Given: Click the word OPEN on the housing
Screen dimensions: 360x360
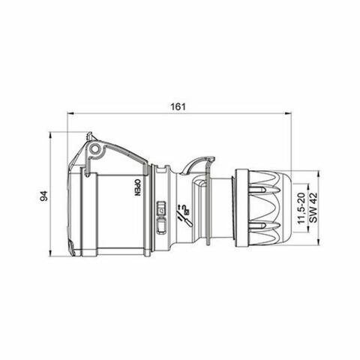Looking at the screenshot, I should pyautogui.click(x=137, y=187).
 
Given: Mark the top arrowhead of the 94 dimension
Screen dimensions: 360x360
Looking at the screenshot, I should pyautogui.click(x=51, y=136).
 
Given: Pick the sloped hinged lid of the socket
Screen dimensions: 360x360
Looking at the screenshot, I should pyautogui.click(x=112, y=146).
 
